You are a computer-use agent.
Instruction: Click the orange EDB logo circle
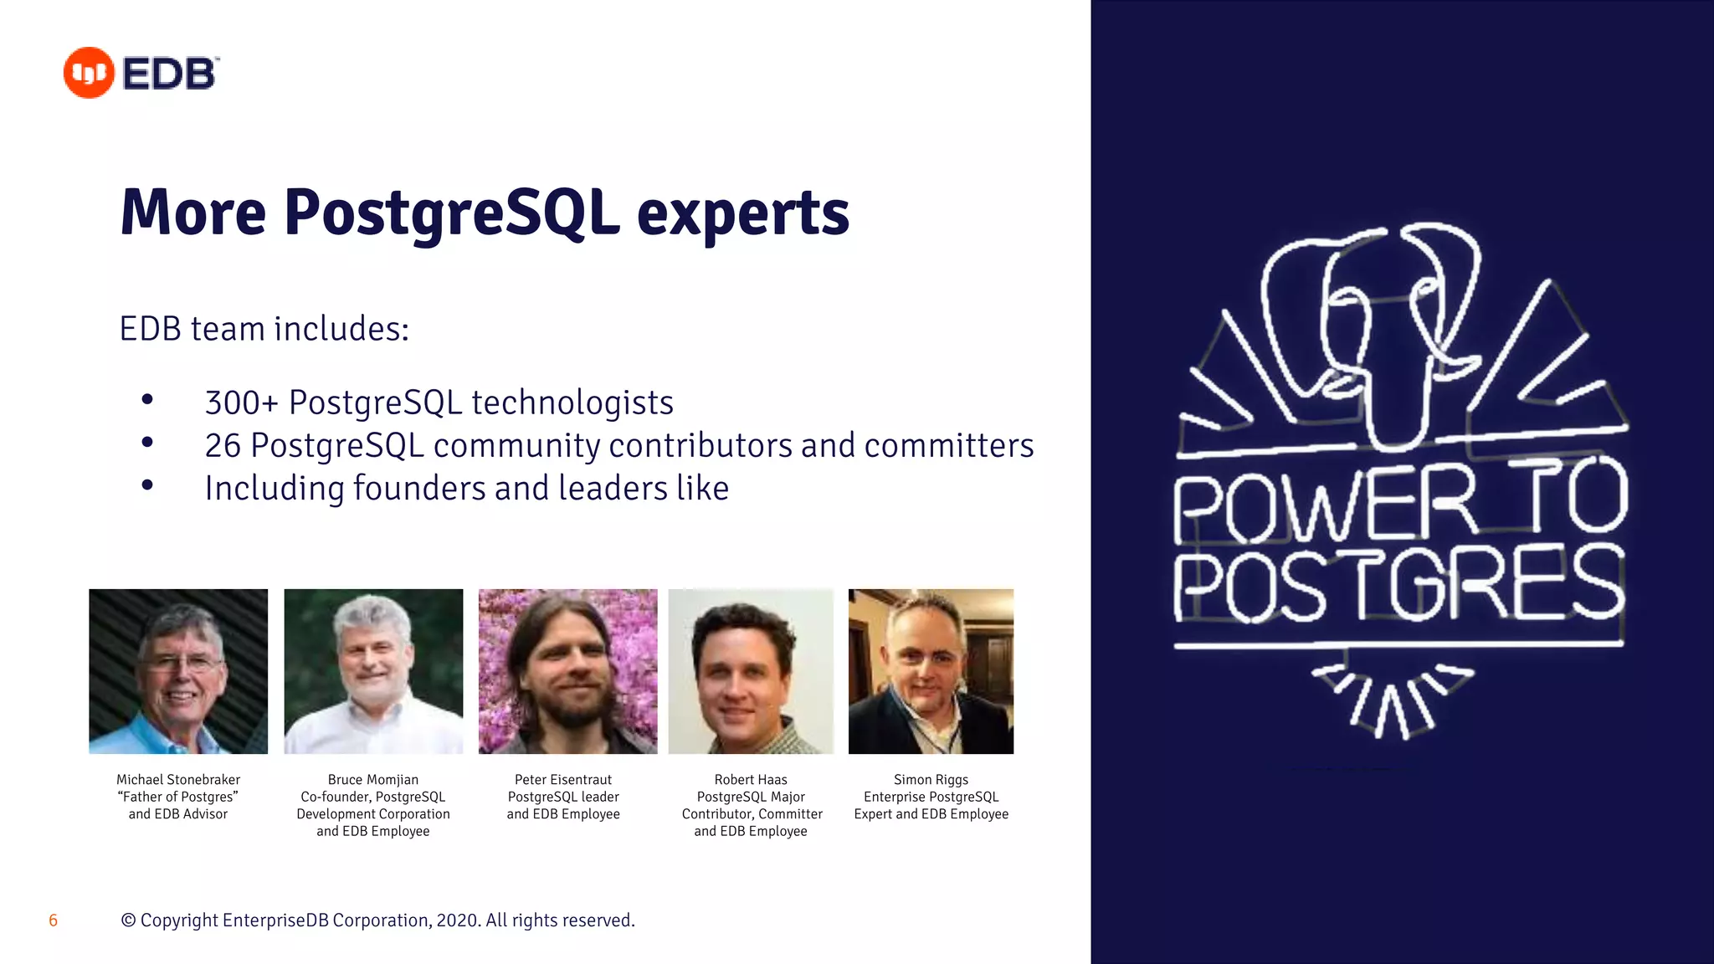point(89,73)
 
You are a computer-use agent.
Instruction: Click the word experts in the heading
point(742,213)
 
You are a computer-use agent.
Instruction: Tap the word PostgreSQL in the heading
point(452,213)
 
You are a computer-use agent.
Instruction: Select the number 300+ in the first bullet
point(241,403)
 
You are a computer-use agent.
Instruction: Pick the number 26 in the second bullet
point(223,446)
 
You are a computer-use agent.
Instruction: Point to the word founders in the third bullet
point(419,489)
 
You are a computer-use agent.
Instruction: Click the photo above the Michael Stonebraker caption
point(178,671)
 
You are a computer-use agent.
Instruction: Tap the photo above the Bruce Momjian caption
point(373,671)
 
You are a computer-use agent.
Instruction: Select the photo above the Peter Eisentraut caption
point(567,671)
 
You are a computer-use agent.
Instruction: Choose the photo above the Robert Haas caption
point(751,671)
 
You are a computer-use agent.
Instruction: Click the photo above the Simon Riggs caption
point(931,671)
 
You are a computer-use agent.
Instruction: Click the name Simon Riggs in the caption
point(931,780)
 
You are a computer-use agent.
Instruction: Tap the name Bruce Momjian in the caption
point(373,780)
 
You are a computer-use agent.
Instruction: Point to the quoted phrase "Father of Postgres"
point(178,797)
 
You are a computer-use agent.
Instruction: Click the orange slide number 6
point(53,920)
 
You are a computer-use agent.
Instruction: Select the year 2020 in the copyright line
point(457,920)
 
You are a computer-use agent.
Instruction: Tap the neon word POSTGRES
point(1398,584)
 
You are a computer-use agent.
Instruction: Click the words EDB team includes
point(264,329)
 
